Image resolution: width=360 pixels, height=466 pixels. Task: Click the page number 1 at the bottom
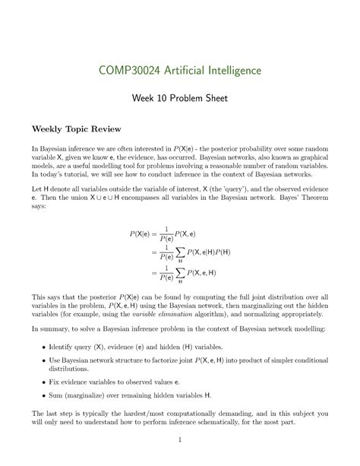click(x=180, y=439)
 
